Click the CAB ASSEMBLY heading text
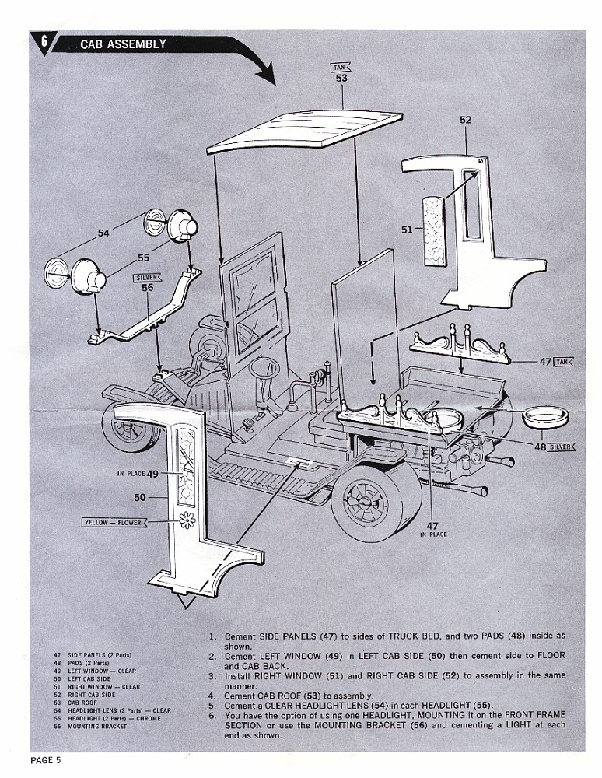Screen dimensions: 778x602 point(123,44)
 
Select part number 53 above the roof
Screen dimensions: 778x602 point(341,79)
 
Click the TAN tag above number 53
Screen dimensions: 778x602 point(341,68)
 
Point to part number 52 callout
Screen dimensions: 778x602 point(465,121)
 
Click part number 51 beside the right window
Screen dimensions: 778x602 point(406,229)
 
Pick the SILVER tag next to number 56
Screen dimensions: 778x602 point(147,277)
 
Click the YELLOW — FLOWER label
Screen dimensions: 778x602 point(114,523)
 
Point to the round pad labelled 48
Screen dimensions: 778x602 point(544,417)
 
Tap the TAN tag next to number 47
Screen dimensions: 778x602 point(565,362)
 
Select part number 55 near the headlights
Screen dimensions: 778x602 point(143,258)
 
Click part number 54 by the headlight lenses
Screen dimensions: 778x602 point(103,232)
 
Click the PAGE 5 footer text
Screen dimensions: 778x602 point(46,759)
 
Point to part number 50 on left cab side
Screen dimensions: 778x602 point(140,496)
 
